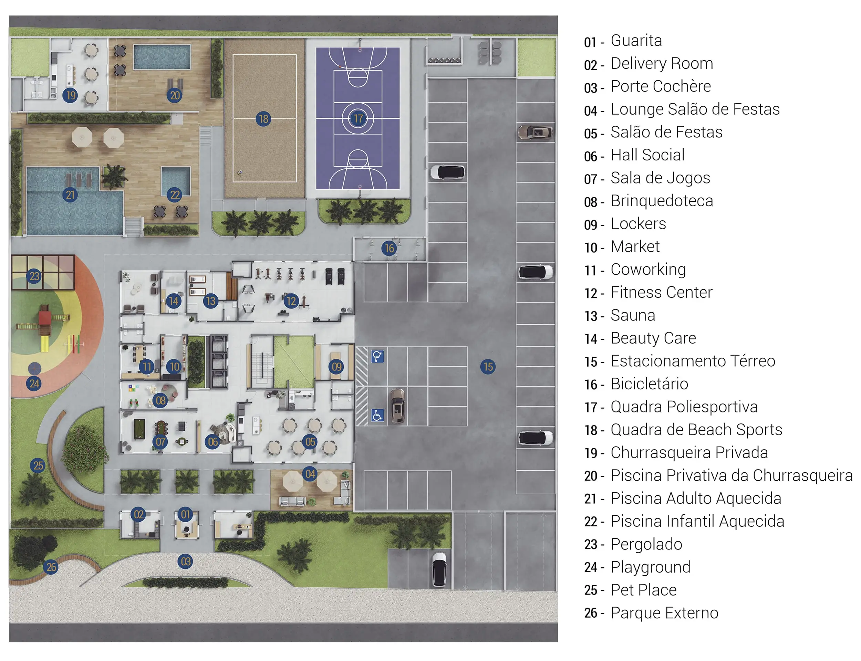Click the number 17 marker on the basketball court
tap(358, 118)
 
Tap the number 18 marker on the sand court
tap(263, 119)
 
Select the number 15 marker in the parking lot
tap(488, 367)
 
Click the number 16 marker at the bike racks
tap(389, 248)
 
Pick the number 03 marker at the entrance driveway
tap(185, 562)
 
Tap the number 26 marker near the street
tap(51, 567)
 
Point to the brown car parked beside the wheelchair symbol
tap(397, 406)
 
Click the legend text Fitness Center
tap(661, 292)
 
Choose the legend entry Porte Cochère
tap(661, 86)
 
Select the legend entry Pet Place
tap(643, 590)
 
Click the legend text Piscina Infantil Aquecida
tap(697, 521)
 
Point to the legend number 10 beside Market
tap(591, 248)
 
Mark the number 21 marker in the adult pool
tap(70, 195)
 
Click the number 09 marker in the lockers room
tap(336, 367)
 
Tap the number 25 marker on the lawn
tap(38, 465)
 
